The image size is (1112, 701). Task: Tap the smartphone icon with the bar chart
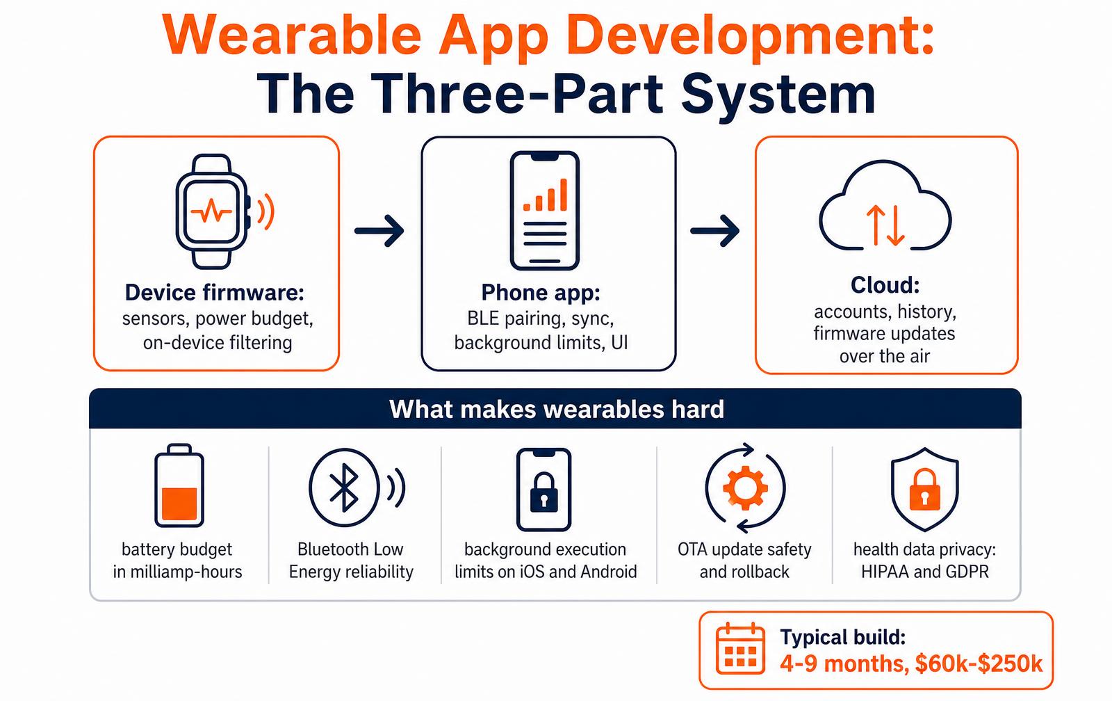pos(545,211)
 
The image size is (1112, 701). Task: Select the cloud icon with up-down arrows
pos(885,205)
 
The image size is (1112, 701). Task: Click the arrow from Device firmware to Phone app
pos(379,230)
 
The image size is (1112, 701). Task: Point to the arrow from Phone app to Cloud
pos(715,230)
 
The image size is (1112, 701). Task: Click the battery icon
pos(179,485)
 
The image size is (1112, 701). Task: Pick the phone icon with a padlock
pos(543,490)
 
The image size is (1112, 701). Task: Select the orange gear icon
pos(745,488)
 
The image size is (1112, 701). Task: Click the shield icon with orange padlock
pos(924,489)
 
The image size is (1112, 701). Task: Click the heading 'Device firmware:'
pos(215,292)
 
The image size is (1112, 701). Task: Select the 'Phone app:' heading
pos(541,292)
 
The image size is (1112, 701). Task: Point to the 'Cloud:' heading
pos(885,284)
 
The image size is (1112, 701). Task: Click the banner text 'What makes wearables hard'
pos(557,409)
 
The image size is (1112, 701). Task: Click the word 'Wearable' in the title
pos(292,35)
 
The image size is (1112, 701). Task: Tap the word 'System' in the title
pos(778,94)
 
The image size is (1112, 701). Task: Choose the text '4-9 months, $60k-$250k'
pos(911,663)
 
